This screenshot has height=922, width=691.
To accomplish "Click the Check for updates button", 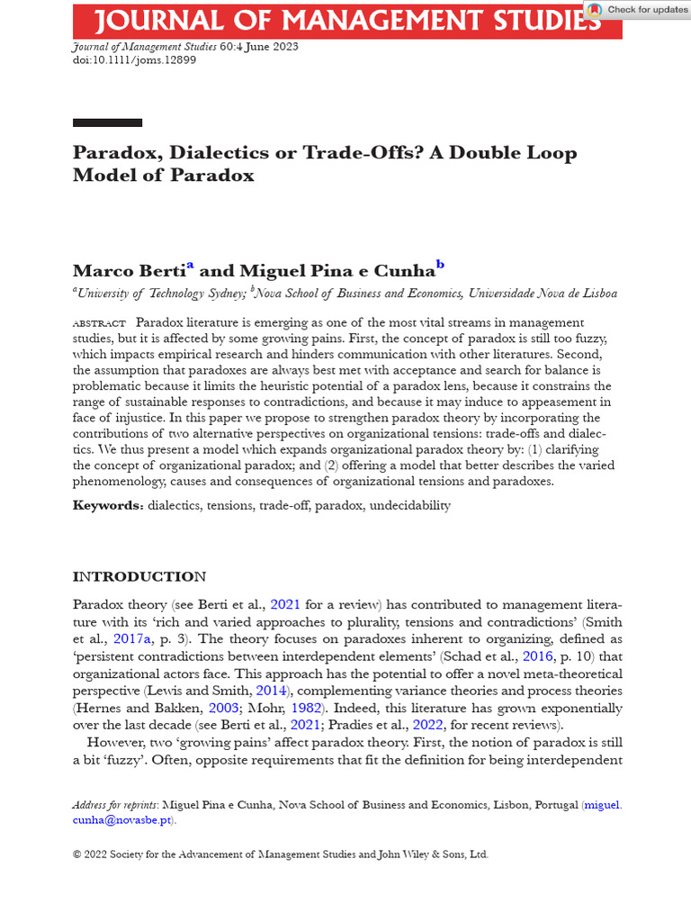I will coord(637,10).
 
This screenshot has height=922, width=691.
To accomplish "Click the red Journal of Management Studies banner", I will coord(333,20).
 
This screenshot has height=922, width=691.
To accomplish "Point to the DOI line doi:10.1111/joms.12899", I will coord(134,60).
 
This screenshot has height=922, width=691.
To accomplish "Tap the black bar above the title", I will coord(107,122).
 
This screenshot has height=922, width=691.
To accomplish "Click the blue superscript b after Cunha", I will coord(440,265).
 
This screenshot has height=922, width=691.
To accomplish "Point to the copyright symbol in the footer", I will coord(77,854).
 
